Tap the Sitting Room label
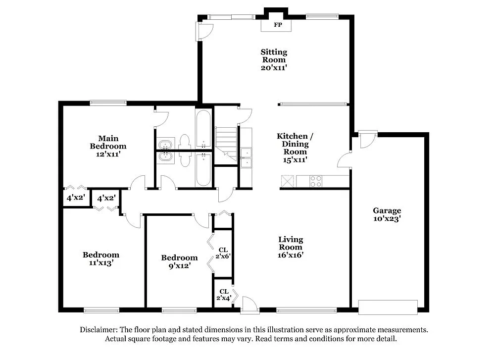pyautogui.click(x=274, y=56)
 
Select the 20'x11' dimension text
pyautogui.click(x=274, y=68)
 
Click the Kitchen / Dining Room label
pyautogui.click(x=295, y=144)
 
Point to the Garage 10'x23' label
pyautogui.click(x=387, y=214)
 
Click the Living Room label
pyautogui.click(x=291, y=247)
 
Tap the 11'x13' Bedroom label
pyautogui.click(x=101, y=259)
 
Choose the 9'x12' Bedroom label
pyautogui.click(x=179, y=261)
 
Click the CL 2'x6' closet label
pyautogui.click(x=223, y=253)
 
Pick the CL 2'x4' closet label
pyautogui.click(x=223, y=295)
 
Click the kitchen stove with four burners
pyautogui.click(x=316, y=181)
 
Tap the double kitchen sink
pyautogui.click(x=246, y=156)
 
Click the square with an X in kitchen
pyautogui.click(x=287, y=181)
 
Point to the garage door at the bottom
pyautogui.click(x=388, y=307)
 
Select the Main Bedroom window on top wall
pyautogui.click(x=108, y=103)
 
